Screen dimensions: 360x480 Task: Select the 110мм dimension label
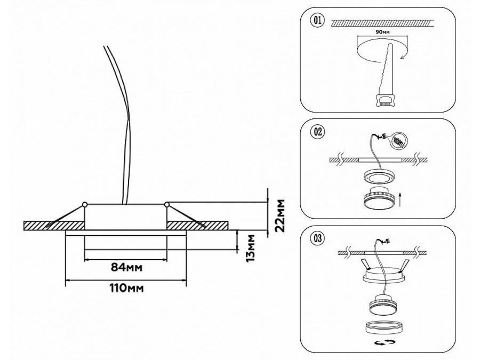coord(126,289)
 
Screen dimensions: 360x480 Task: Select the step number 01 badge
coord(316,21)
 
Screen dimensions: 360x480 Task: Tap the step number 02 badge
coord(316,132)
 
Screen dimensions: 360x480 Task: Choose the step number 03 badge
coord(316,238)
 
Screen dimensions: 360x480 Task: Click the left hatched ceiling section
coord(53,225)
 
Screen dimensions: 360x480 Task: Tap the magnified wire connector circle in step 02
coord(397,141)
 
